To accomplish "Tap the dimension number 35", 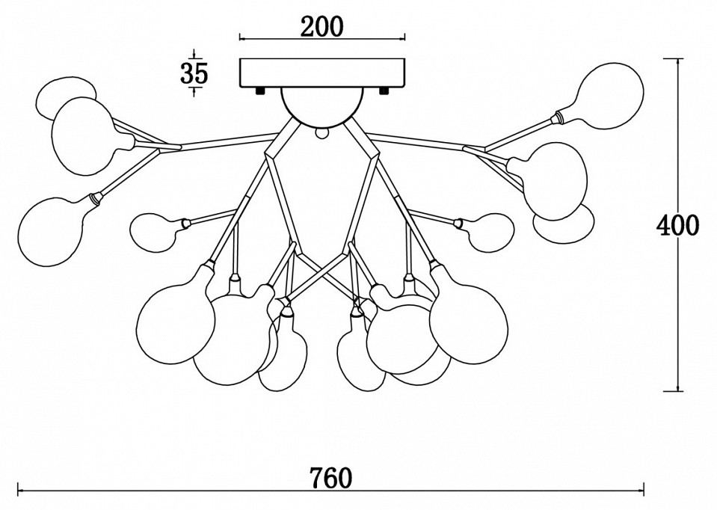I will [194, 73].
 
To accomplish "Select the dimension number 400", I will [677, 224].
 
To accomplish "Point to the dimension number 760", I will [330, 476].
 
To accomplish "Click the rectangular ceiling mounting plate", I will [321, 72].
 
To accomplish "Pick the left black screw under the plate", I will [259, 90].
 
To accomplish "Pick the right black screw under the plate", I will [384, 90].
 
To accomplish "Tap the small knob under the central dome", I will [322, 134].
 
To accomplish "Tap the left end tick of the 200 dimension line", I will [239, 37].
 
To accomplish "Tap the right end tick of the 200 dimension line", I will [404, 37].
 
